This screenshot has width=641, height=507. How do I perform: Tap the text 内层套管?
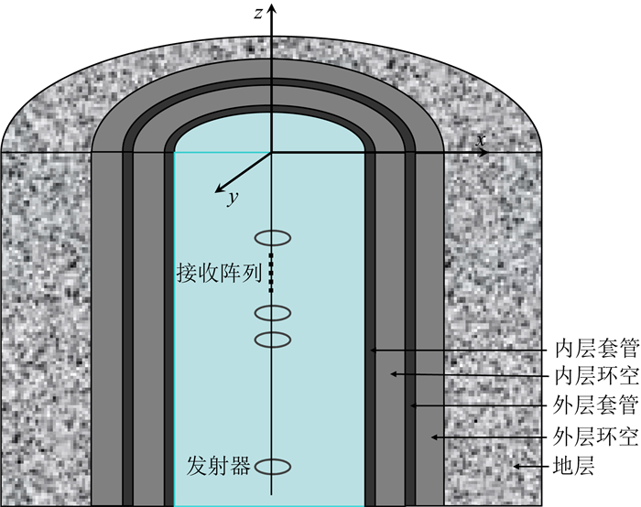(591, 350)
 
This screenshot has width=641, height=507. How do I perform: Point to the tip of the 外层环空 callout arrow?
(432, 437)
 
